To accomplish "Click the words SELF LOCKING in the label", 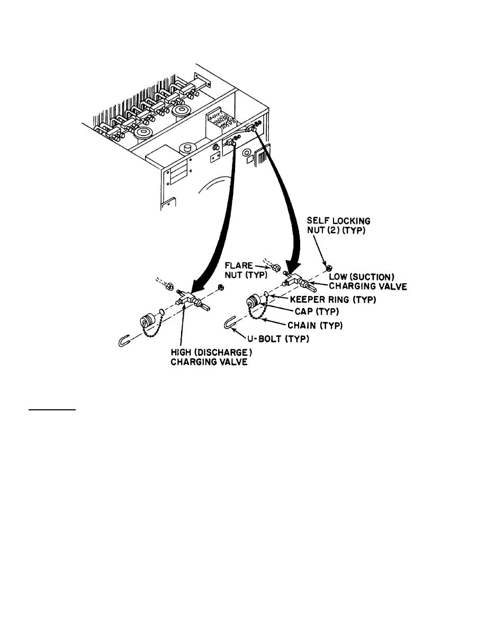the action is pyautogui.click(x=338, y=221).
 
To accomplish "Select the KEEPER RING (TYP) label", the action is pyautogui.click(x=332, y=299).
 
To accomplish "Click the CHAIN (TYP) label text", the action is pyautogui.click(x=315, y=325).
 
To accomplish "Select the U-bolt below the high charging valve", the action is pyautogui.click(x=124, y=341).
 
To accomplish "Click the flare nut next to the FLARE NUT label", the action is pyautogui.click(x=276, y=267).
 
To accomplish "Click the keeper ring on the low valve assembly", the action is pyautogui.click(x=265, y=295).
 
